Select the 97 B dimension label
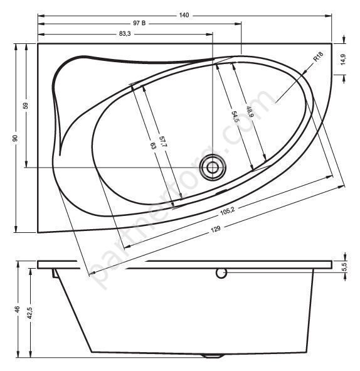click(x=139, y=23)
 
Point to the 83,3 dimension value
click(x=124, y=34)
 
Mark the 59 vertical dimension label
click(x=25, y=105)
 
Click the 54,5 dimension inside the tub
click(x=235, y=117)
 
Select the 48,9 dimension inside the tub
click(x=249, y=113)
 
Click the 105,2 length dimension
click(x=226, y=210)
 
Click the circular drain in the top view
click(x=212, y=167)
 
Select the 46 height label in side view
click(x=18, y=309)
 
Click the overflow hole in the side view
click(x=220, y=273)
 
